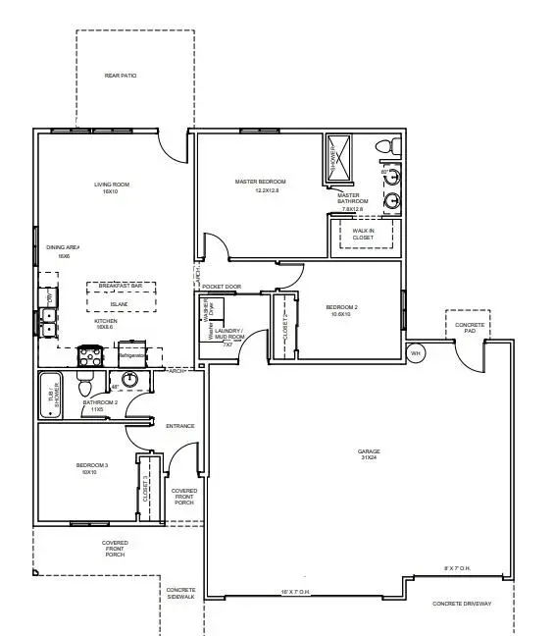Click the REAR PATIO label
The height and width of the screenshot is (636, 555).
(x=120, y=76)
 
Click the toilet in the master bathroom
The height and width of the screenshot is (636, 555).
(x=393, y=146)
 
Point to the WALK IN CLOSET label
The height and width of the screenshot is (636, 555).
(x=363, y=234)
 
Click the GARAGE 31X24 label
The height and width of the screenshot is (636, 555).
(x=369, y=455)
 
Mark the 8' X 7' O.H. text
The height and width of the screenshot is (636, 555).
(x=458, y=567)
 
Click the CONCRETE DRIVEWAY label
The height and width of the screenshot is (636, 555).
(x=462, y=604)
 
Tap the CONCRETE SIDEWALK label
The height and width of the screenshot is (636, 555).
(x=180, y=593)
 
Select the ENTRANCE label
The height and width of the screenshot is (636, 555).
(x=180, y=426)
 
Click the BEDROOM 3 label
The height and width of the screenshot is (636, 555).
(x=89, y=468)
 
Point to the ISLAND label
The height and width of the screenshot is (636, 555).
(x=119, y=304)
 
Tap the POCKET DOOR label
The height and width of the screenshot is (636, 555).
(x=222, y=287)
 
